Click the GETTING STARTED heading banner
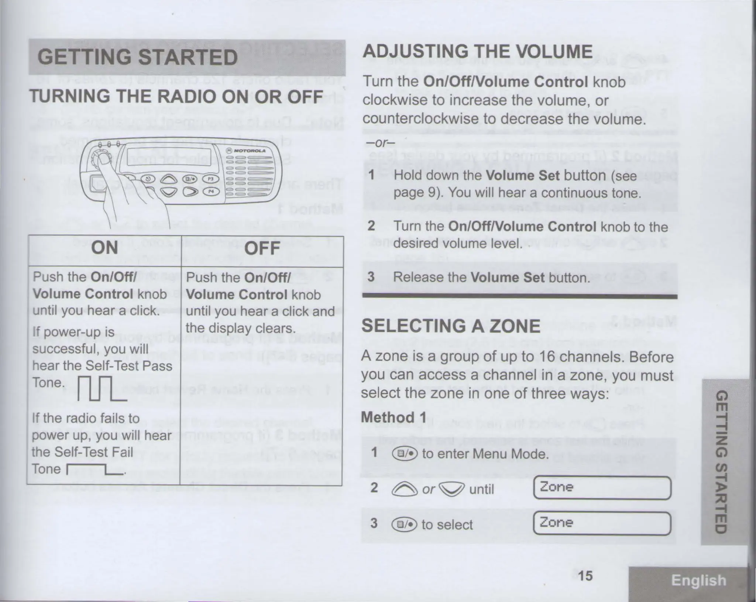point(187,58)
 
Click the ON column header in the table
point(105,248)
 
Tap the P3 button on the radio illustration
point(211,178)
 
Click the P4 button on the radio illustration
point(211,191)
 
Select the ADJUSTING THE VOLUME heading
point(477,52)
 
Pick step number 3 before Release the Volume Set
point(371,277)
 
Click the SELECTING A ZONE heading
point(450,326)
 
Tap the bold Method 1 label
point(394,417)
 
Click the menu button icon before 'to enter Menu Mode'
point(405,454)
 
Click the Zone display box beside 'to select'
point(602,523)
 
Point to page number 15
point(585,576)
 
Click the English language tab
point(698,581)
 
